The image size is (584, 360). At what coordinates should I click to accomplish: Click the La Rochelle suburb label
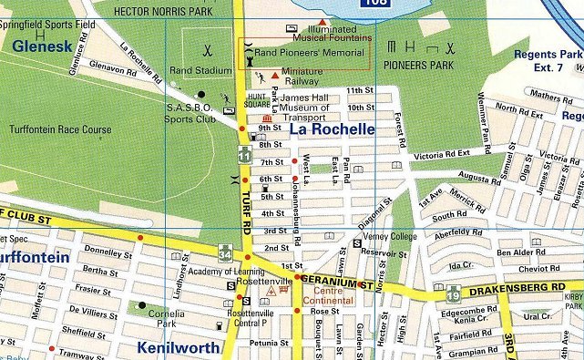pos(332,129)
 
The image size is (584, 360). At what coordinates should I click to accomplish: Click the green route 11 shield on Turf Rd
pos(243,156)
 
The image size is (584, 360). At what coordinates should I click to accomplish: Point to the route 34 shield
pos(224,252)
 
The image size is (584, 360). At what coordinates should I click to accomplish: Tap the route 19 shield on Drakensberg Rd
pos(453,293)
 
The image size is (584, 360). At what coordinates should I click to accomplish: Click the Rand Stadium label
pos(202,69)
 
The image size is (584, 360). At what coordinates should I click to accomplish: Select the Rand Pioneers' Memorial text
pos(309,53)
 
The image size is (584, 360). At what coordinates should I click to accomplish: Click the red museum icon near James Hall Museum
pos(267,119)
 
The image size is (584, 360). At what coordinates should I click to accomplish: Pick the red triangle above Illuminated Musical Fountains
pos(322,21)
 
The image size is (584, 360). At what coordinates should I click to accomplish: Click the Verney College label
pos(390,236)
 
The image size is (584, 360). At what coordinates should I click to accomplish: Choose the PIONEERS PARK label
pos(418,66)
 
